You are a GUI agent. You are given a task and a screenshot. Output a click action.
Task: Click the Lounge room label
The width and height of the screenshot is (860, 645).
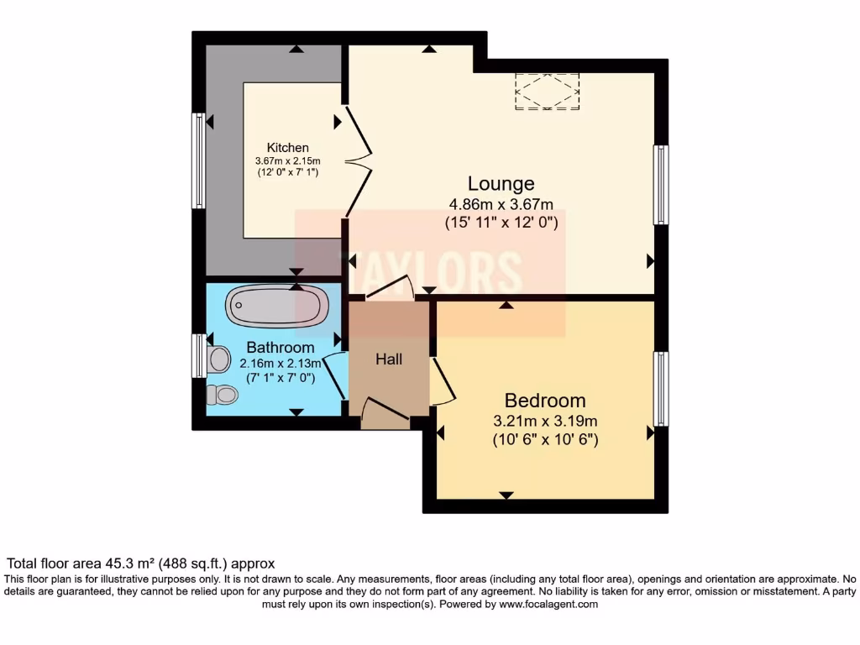tap(501, 184)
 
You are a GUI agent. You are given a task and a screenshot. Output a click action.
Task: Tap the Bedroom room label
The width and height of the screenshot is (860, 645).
tap(544, 401)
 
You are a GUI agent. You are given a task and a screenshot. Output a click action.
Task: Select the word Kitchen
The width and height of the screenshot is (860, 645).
tap(288, 148)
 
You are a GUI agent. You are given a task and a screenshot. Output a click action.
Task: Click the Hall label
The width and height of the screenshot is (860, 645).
tap(389, 359)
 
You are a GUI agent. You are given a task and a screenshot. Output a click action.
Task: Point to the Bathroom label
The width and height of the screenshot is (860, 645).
tap(281, 348)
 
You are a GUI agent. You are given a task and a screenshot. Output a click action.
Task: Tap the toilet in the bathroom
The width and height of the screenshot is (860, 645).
tap(221, 394)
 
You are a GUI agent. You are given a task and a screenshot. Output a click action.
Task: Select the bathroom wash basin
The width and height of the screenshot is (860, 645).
tap(219, 359)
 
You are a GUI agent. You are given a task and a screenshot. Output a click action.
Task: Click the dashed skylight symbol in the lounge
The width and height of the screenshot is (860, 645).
tap(547, 91)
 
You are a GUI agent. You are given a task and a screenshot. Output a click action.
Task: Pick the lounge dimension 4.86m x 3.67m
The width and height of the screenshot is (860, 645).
tap(501, 204)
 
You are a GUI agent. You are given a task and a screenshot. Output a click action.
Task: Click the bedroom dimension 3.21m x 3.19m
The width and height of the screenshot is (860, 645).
tap(544, 421)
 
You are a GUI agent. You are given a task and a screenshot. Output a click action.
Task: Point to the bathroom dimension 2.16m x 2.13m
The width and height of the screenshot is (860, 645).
tap(281, 364)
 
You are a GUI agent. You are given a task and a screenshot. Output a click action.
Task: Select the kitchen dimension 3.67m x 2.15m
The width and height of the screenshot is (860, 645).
tap(288, 160)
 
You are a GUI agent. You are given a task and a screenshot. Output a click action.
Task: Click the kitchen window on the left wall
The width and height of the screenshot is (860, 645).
tap(199, 160)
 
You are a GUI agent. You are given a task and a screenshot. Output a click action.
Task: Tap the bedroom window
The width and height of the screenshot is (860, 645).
tap(661, 389)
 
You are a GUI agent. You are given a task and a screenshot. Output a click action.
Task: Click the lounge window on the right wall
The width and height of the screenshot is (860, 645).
tap(661, 185)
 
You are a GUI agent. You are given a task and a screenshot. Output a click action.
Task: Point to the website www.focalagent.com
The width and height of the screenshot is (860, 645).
tap(548, 604)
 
